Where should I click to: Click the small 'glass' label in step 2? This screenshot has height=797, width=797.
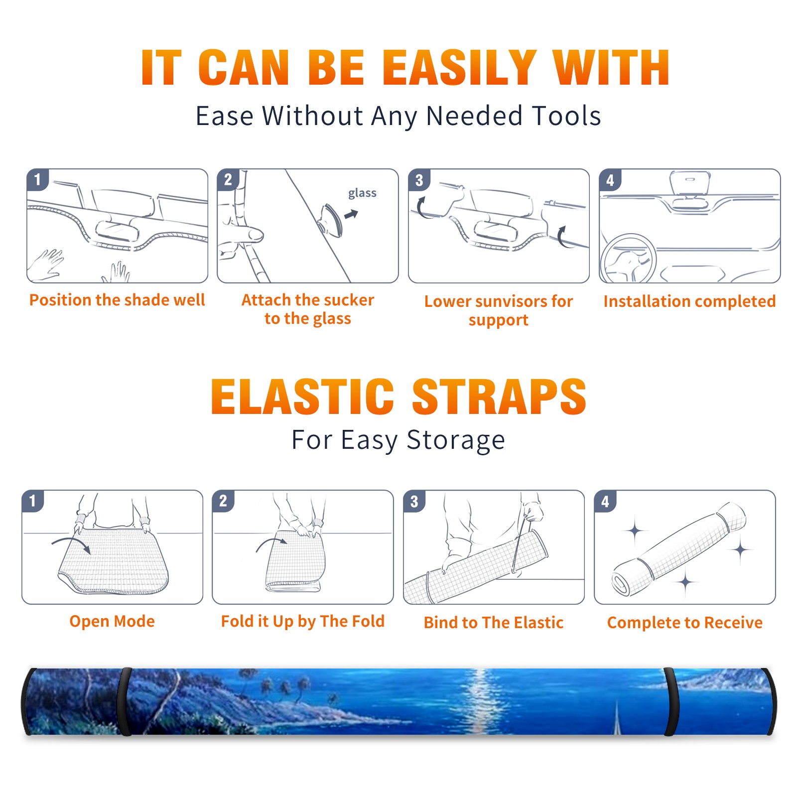pos(362,193)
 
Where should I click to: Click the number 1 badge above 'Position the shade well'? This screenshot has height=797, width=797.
pos(38,179)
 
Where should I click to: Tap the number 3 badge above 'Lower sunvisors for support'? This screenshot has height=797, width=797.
pos(419,180)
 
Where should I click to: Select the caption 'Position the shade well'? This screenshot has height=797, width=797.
pos(117,300)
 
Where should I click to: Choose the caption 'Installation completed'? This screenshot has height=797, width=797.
pos(689,301)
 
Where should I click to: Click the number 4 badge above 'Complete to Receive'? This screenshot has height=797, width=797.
pos(605,501)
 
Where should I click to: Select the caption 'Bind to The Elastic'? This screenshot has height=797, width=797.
pos(493,623)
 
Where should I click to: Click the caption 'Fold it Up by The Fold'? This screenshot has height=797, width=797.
pos(303,621)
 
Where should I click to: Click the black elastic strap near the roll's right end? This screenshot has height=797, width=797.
pos(670,702)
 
